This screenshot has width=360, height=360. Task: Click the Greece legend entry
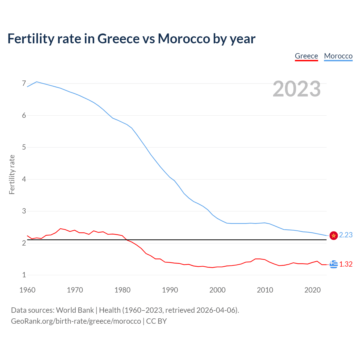pyautogui.click(x=306, y=56)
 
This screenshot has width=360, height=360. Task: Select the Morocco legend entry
pyautogui.click(x=338, y=56)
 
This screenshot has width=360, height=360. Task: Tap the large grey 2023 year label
pyautogui.click(x=297, y=89)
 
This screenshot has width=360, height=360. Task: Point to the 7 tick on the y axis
pyautogui.click(x=24, y=84)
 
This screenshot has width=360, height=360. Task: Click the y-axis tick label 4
pyautogui.click(x=24, y=179)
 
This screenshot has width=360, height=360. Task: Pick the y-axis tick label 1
pyautogui.click(x=24, y=275)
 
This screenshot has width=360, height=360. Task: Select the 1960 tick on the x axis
pyautogui.click(x=27, y=290)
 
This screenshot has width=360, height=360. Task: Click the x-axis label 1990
pyautogui.click(x=170, y=290)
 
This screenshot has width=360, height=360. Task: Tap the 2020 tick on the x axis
pyautogui.click(x=312, y=290)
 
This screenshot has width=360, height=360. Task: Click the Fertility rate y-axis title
pyautogui.click(x=12, y=174)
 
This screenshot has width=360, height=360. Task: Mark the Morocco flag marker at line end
pyautogui.click(x=334, y=235)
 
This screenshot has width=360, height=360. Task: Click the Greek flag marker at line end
pyautogui.click(x=334, y=264)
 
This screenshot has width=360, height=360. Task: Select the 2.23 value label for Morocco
pyautogui.click(x=346, y=235)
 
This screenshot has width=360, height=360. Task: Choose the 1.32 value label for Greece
pyautogui.click(x=346, y=264)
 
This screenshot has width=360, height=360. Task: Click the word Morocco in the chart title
pyautogui.click(x=184, y=39)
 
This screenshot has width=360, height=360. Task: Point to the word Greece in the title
pyautogui.click(x=118, y=39)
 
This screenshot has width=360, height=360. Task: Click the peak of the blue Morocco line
pyautogui.click(x=37, y=82)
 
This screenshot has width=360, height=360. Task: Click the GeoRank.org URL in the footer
pyautogui.click(x=76, y=321)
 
